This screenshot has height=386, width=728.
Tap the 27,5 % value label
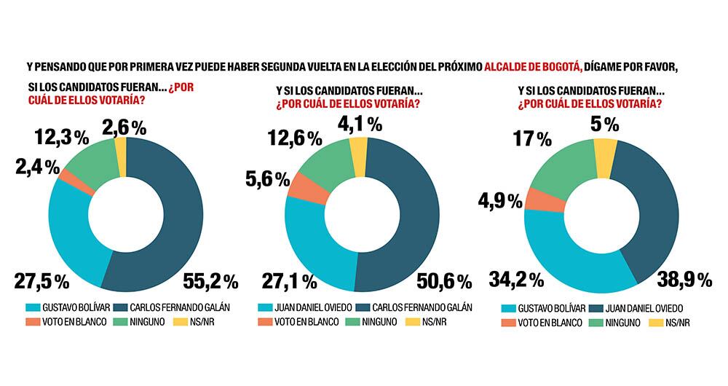41,280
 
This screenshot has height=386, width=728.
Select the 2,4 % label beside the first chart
34,167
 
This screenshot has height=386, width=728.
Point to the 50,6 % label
444,280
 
